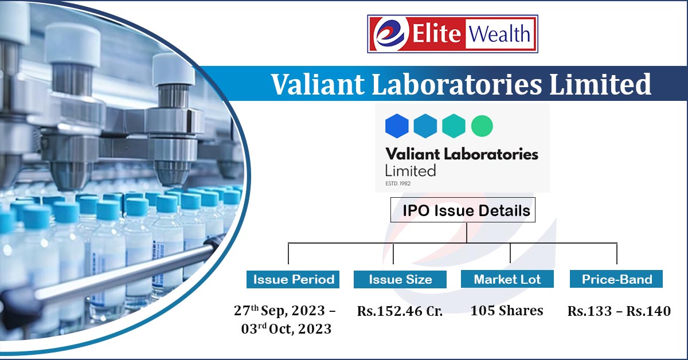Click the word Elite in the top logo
click(436, 33)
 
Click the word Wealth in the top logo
click(499, 33)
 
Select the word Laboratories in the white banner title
click(457, 84)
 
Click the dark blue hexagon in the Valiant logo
click(397, 126)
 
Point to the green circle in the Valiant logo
click(482, 126)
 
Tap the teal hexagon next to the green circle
click(454, 126)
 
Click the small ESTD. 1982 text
click(398, 183)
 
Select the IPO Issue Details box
click(463, 210)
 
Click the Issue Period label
click(293, 279)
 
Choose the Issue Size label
click(400, 279)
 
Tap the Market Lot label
click(507, 279)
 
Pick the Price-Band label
click(616, 279)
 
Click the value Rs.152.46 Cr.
click(400, 311)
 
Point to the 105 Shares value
click(507, 310)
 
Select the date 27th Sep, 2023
click(279, 310)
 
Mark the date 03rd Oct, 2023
click(286, 328)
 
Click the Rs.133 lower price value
click(589, 311)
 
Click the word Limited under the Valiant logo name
click(411, 171)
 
